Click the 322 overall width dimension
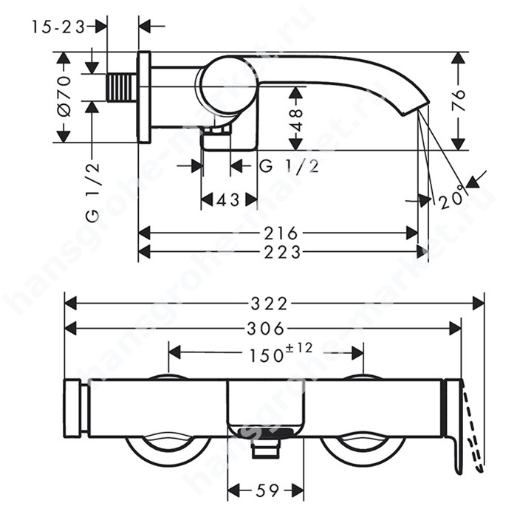click(x=269, y=303)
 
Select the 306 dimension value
click(x=265, y=329)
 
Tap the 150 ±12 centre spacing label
click(x=281, y=353)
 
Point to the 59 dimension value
click(x=267, y=490)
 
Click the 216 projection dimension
click(x=281, y=233)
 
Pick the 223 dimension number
click(x=283, y=253)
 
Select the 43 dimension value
click(x=228, y=199)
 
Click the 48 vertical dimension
click(x=296, y=120)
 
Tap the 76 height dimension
click(x=458, y=100)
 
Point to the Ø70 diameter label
click(x=64, y=96)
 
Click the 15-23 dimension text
click(x=58, y=27)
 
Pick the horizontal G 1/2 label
click(x=290, y=166)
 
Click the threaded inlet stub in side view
click(x=122, y=88)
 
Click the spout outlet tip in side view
click(x=415, y=108)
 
